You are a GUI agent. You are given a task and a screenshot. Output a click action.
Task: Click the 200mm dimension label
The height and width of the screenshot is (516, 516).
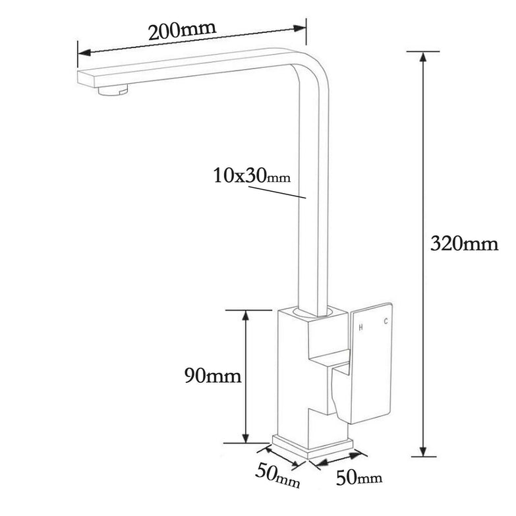pos(182,31)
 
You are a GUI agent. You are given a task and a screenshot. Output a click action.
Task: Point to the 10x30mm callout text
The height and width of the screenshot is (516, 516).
pos(251,176)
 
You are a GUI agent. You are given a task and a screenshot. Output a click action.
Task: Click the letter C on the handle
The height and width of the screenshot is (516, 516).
pos(386,322)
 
